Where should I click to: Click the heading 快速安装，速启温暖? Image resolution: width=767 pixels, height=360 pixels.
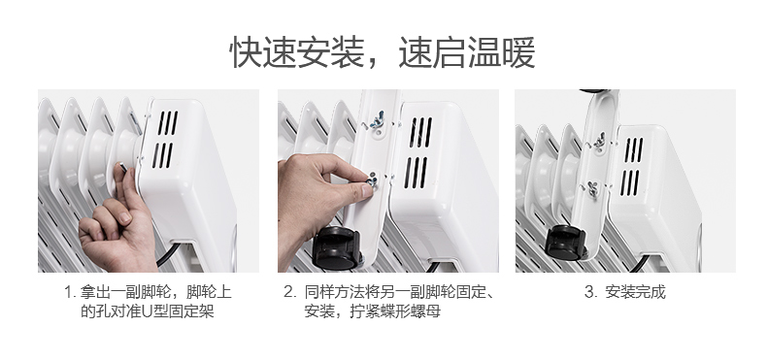tap(383, 52)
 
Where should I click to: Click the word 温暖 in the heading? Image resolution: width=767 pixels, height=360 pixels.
tap(502, 52)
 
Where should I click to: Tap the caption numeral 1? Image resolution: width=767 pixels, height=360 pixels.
tap(69, 292)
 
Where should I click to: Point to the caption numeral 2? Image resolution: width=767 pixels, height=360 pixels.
tap(289, 292)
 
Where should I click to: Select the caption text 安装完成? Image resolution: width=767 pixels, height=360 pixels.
tap(635, 292)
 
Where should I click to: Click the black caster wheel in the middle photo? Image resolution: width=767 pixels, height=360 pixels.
tap(337, 248)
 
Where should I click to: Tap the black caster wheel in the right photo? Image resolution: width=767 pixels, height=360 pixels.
tap(566, 243)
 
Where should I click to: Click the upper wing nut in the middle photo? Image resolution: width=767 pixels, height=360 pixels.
tap(377, 120)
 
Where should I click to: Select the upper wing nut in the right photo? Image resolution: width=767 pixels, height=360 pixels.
tap(600, 141)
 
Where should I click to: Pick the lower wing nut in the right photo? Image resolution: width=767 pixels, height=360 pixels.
tap(592, 189)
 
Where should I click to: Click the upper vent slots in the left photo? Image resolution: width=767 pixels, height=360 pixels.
tap(167, 123)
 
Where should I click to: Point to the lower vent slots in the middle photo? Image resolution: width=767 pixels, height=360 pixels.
tap(416, 173)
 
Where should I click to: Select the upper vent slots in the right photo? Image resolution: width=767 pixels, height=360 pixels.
tap(634, 149)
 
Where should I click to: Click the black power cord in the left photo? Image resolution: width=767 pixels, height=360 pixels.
tap(166, 255)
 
